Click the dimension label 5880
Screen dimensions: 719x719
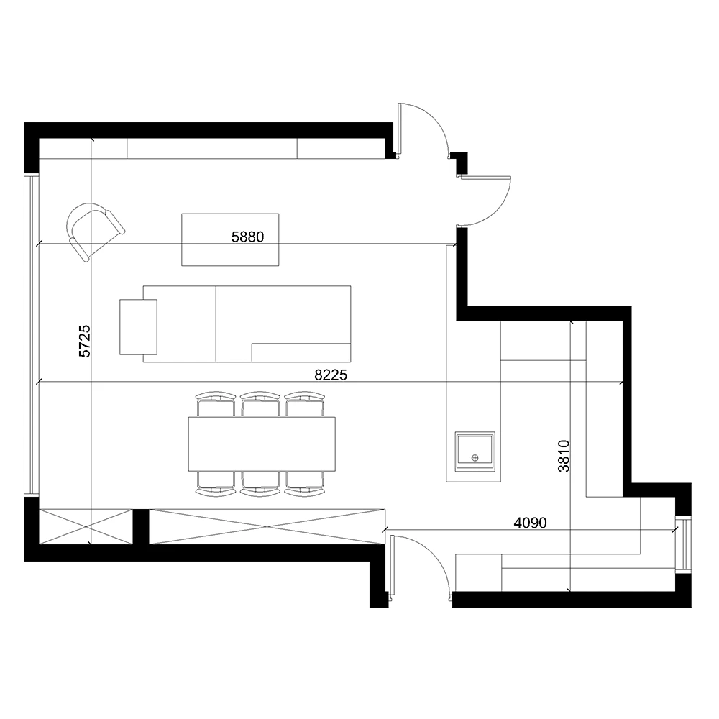point(247,237)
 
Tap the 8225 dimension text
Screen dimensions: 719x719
point(331,375)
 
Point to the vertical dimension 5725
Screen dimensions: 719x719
point(85,341)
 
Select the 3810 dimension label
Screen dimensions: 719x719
point(564,456)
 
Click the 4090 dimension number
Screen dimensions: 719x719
point(530,523)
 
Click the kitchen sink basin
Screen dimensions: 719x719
point(475,452)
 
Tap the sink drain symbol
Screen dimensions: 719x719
point(475,457)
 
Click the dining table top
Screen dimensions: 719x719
point(262,444)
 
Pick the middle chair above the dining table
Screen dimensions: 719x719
point(260,403)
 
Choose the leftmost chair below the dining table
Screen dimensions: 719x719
point(216,484)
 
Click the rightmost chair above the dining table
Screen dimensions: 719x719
point(304,403)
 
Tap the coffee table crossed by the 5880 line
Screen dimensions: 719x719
point(230,239)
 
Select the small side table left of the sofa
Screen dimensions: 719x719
point(139,327)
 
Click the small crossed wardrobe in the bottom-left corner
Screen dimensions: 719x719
point(86,526)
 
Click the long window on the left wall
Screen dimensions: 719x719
point(32,334)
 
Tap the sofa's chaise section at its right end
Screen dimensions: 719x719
point(301,352)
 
